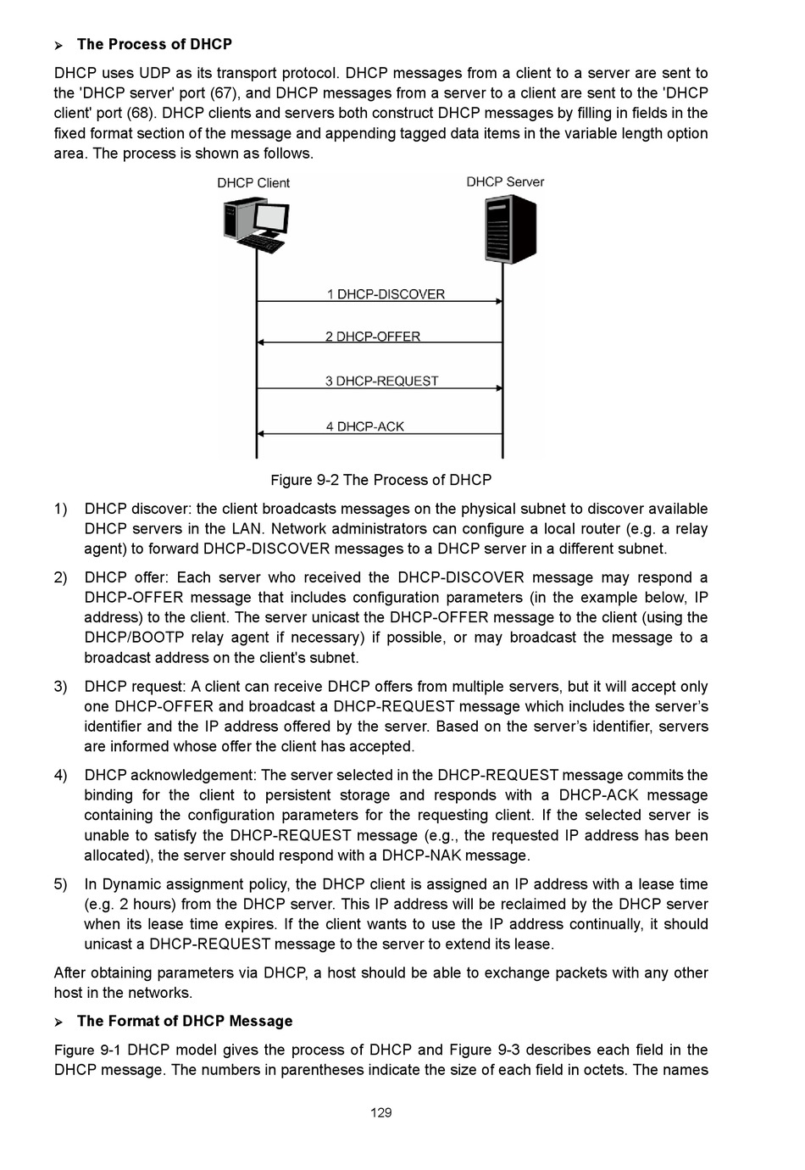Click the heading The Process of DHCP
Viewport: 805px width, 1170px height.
(x=154, y=44)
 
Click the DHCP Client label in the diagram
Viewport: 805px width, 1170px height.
(x=253, y=183)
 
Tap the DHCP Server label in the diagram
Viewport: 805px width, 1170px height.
(x=505, y=182)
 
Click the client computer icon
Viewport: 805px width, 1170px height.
(x=255, y=224)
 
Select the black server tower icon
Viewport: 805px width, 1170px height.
(x=510, y=229)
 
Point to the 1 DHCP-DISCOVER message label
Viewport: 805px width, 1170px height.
(x=386, y=294)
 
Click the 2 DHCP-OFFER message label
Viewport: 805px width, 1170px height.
(x=373, y=337)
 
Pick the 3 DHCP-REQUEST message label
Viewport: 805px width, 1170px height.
(x=381, y=382)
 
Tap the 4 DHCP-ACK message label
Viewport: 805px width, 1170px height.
(x=365, y=426)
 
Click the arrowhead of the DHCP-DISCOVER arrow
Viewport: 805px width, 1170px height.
(x=499, y=301)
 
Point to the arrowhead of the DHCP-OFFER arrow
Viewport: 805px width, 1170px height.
(x=261, y=343)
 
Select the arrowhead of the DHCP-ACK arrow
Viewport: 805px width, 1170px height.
(x=261, y=433)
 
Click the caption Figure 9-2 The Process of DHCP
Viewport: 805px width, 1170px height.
(x=380, y=480)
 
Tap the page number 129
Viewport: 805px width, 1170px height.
(x=381, y=1112)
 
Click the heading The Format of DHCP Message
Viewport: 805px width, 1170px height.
(x=185, y=1021)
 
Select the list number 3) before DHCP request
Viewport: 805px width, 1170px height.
(x=61, y=687)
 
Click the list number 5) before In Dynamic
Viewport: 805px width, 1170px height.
(x=61, y=884)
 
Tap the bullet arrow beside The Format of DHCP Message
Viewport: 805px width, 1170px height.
(x=59, y=1022)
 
